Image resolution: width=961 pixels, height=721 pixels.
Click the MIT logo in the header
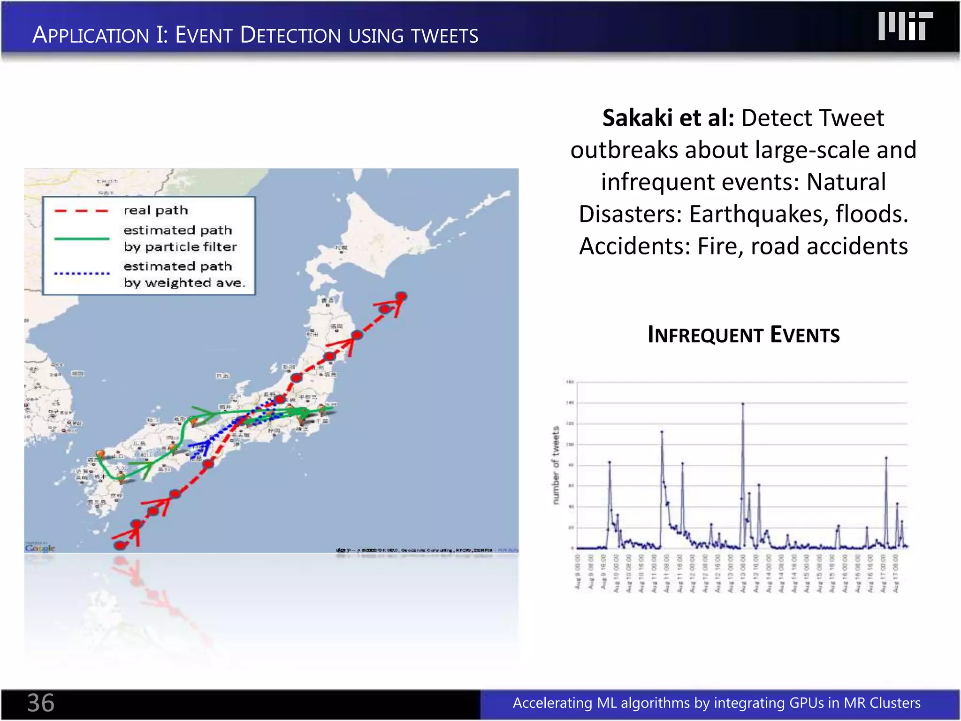pyautogui.click(x=905, y=27)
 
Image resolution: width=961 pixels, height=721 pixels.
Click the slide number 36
pyautogui.click(x=41, y=703)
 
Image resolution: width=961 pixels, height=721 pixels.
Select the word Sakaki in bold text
pyautogui.click(x=637, y=118)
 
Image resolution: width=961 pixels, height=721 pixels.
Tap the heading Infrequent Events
pyautogui.click(x=743, y=335)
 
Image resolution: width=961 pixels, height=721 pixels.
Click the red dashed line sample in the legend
pyautogui.click(x=81, y=211)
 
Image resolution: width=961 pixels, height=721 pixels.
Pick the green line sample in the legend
pyautogui.click(x=81, y=239)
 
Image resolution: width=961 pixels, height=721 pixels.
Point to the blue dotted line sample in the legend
pyautogui.click(x=81, y=273)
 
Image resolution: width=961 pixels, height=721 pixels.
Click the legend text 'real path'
pyautogui.click(x=156, y=210)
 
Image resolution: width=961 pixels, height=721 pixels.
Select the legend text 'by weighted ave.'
pyautogui.click(x=184, y=283)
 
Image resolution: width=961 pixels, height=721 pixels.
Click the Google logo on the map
pyautogui.click(x=40, y=548)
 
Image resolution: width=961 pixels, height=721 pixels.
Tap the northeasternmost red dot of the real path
pyautogui.click(x=401, y=296)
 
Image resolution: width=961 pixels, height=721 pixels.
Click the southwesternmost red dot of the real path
pyautogui.click(x=120, y=545)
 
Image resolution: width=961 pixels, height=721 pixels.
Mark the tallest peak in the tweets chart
pyautogui.click(x=743, y=404)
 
